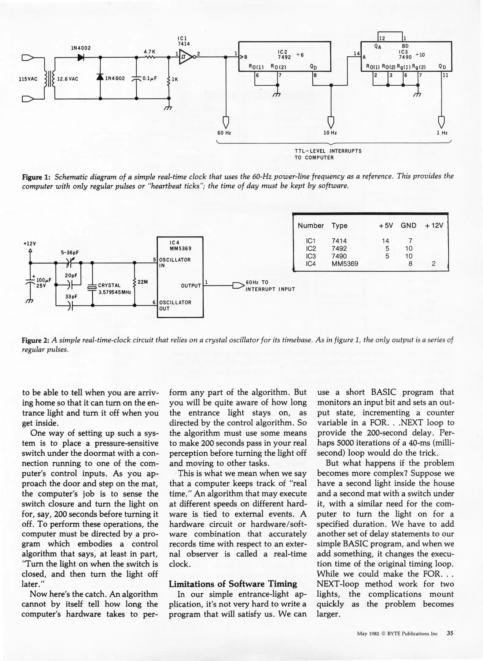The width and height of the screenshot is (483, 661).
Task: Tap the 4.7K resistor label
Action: pos(150,52)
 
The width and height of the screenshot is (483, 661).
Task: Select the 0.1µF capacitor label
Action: pos(149,79)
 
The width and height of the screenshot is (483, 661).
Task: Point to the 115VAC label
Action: pos(28,79)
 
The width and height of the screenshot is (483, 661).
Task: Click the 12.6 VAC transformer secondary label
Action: pos(68,79)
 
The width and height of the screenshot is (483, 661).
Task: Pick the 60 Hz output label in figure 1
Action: pos(224,133)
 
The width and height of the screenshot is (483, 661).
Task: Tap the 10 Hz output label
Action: pos(330,133)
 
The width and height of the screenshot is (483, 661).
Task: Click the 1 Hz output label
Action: pos(442,133)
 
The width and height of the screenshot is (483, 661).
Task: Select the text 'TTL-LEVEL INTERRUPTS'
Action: pos(328,151)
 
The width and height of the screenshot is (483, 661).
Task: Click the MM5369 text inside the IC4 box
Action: pos(180,248)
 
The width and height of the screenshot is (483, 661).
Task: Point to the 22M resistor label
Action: pos(143,282)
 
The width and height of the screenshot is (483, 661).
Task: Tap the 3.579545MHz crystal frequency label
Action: pos(115,292)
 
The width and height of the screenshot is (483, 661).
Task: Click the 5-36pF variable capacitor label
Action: pos(70,253)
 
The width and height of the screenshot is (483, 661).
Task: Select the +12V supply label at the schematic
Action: pos(30,244)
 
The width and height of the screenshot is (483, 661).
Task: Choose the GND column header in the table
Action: pos(408,226)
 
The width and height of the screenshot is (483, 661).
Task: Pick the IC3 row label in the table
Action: pos(310,256)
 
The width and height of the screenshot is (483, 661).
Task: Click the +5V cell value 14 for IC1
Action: pos(385,241)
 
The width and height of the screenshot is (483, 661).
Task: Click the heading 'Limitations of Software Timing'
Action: pos(233,584)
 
